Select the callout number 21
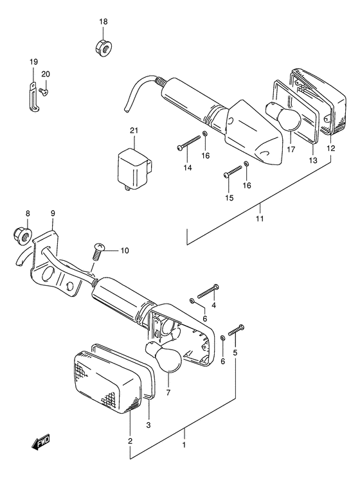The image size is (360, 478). click(x=134, y=132)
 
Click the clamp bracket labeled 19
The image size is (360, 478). click(x=32, y=96)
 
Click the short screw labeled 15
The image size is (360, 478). click(x=233, y=172)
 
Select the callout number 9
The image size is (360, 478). click(x=53, y=213)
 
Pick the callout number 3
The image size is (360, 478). click(x=148, y=425)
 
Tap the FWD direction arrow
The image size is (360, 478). click(x=39, y=443)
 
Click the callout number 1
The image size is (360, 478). click(x=184, y=444)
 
